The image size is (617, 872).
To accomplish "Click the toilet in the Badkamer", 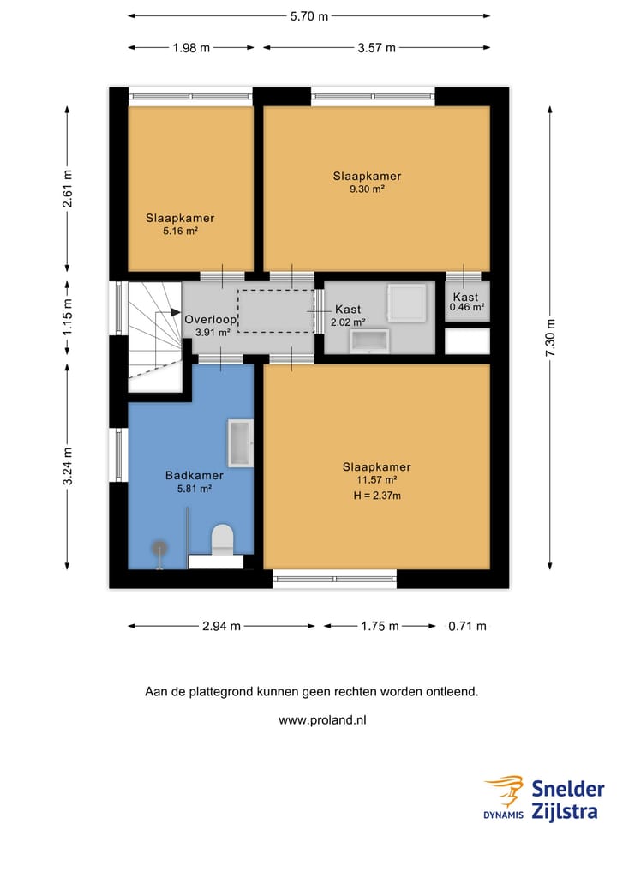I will coord(222,539).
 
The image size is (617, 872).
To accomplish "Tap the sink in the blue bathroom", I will coord(240,442).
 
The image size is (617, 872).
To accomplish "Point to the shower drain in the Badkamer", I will coord(159,545).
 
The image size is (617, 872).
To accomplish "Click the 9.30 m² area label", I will coord(367,189).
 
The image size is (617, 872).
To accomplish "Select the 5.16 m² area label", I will coord(180,231).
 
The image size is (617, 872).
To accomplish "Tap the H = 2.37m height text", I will coord(377,496).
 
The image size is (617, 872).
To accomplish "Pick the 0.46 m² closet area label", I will coord(467,307).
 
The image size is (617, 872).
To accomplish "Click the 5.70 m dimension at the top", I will coord(308,15).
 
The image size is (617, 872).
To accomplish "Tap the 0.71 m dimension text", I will coord(468,626).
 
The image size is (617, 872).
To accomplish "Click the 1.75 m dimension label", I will coord(379,626).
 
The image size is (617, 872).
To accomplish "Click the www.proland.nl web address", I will coord(321,720).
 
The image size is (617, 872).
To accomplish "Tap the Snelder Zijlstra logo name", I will coord(567,799).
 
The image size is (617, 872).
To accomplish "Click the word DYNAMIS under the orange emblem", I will coord(504,815).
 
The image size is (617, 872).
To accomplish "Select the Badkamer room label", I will coord(195,476).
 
